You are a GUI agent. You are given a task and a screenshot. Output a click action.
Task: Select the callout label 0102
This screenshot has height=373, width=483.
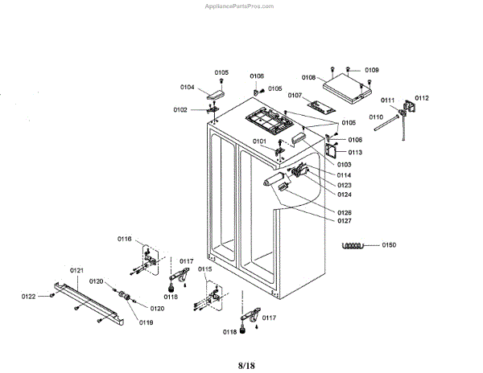click(180, 109)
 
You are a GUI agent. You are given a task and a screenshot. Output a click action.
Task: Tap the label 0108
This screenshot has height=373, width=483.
click(308, 78)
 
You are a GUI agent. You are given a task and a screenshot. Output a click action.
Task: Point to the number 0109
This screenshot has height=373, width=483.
click(372, 71)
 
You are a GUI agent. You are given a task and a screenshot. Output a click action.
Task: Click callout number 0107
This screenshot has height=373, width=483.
click(295, 96)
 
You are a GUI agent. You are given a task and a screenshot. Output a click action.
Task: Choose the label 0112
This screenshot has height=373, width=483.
click(422, 98)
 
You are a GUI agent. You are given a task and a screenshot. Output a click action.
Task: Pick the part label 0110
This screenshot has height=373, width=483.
click(376, 117)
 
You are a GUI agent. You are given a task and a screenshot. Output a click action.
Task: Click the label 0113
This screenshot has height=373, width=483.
click(355, 152)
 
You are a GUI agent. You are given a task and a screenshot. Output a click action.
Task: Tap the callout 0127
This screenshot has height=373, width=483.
click(344, 221)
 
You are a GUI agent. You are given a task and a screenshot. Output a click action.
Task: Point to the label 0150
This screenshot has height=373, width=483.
click(390, 244)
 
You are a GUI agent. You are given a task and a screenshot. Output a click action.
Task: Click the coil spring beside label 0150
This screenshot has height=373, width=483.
click(355, 245)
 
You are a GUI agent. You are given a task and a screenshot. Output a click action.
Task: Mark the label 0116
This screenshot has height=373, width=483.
click(124, 239)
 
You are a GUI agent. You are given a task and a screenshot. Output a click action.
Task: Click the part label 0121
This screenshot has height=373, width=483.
click(77, 270)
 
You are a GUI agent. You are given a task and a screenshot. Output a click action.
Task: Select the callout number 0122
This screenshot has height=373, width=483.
click(29, 297)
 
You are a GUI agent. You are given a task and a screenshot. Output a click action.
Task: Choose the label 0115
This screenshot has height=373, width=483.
click(205, 268)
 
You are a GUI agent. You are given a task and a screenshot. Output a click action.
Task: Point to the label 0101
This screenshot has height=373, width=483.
click(259, 141)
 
